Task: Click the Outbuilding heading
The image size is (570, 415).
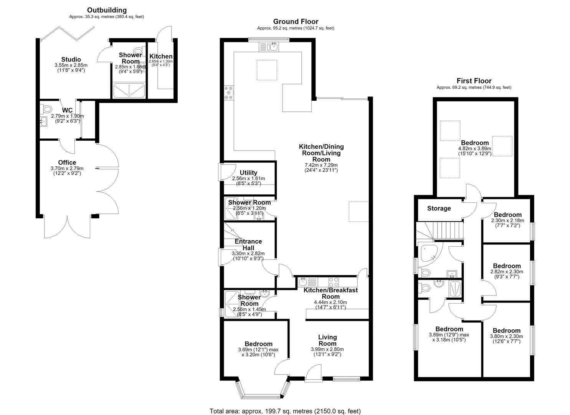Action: point(107,10)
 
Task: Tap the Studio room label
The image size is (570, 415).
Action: point(71,59)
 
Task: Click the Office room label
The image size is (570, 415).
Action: point(67,163)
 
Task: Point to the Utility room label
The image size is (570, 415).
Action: point(248,173)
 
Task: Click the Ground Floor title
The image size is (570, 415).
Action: point(296,22)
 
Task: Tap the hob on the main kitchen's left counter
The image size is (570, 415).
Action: point(229,93)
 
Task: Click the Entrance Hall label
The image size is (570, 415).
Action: point(248,244)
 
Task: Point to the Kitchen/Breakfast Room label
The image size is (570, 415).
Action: point(330,293)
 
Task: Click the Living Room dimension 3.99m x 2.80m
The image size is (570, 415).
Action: point(327,349)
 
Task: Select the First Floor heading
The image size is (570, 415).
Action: point(474,81)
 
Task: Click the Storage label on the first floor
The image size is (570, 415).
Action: point(439,208)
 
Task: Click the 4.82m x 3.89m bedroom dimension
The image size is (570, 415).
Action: point(475,149)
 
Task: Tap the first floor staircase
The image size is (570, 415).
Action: point(439,230)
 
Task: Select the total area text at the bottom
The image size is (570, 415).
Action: point(285,404)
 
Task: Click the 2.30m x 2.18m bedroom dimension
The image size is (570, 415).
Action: point(507,220)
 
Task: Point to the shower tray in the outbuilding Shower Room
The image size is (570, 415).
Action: point(129,90)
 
